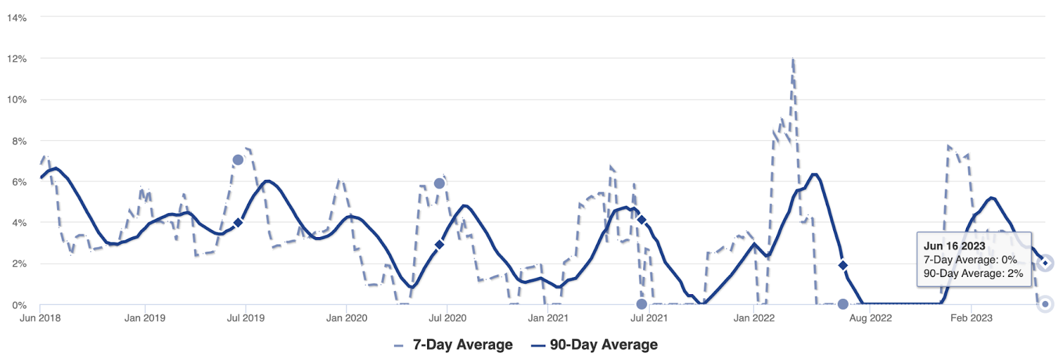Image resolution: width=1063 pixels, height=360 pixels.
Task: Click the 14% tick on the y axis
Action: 17,18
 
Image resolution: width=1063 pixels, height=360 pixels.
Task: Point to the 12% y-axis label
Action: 17,59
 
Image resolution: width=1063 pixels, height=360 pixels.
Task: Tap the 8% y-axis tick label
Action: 19,141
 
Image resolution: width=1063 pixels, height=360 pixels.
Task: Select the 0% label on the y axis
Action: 19,305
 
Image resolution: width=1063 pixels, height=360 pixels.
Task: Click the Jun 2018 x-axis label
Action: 40,318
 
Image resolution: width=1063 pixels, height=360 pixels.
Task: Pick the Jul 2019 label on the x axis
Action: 246,318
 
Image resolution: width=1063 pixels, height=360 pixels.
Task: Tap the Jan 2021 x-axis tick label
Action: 547,318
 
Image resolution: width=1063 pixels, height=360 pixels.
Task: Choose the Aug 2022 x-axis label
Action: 870,318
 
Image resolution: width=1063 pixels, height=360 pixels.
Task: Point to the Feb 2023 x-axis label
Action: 971,318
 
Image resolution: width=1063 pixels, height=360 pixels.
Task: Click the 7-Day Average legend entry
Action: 454,345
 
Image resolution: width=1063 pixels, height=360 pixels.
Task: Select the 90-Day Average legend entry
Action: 595,345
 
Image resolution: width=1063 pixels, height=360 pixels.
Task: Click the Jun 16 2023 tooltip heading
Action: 954,246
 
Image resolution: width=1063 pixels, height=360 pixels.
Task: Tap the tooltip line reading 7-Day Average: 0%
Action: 970,260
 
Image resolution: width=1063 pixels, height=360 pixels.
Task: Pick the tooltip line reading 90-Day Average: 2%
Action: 973,273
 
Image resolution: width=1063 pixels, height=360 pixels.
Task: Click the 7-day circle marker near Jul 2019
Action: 238,160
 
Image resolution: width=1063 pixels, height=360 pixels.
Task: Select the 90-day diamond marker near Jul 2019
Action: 238,223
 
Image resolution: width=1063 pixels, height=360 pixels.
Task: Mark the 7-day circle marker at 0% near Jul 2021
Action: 641,304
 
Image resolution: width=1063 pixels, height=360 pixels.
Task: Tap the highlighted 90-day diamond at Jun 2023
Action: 1045,263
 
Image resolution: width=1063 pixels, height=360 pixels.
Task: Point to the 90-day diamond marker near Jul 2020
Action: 439,244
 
